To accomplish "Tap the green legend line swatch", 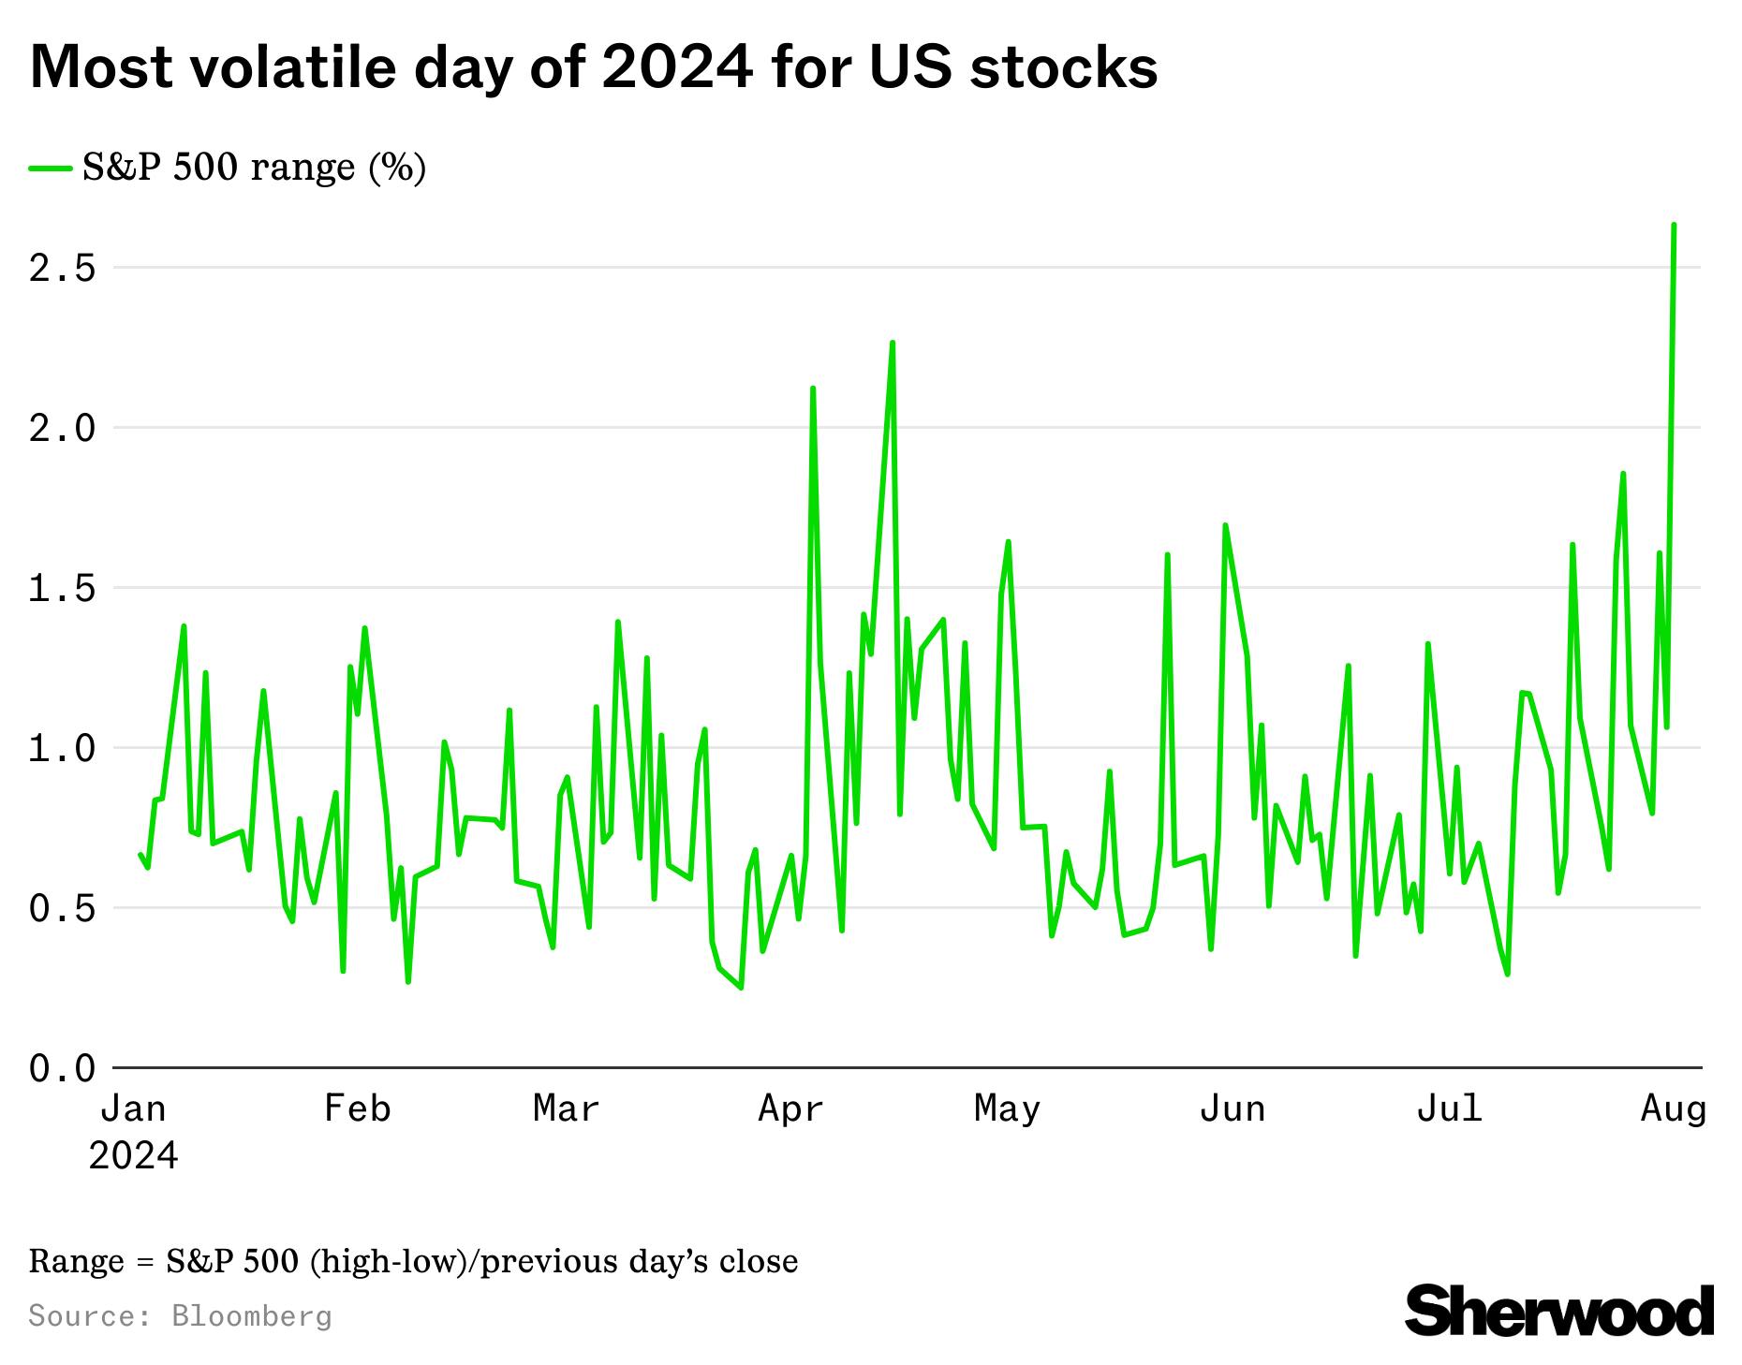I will [x=51, y=169].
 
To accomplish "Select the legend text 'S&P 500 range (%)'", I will [x=254, y=169].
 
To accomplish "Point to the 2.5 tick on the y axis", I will [x=63, y=269].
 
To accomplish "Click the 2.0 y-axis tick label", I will [x=63, y=429].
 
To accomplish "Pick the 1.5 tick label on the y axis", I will [x=63, y=589].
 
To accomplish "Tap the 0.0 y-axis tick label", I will [x=63, y=1068].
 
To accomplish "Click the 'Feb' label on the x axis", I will [x=357, y=1108].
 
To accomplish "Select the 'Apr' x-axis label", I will [x=791, y=1108].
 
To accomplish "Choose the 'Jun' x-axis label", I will [x=1233, y=1108].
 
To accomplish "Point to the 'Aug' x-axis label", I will [x=1674, y=1108].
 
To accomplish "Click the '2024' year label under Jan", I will [x=133, y=1156].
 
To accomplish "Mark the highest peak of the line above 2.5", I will [x=1674, y=226].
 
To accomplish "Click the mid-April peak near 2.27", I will [x=893, y=343].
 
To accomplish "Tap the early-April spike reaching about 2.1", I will [x=813, y=388].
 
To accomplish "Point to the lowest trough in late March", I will [x=741, y=987].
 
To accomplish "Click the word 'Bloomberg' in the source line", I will [x=252, y=1316].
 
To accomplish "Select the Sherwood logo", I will [x=1559, y=1311].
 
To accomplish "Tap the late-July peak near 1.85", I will [x=1623, y=474].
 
